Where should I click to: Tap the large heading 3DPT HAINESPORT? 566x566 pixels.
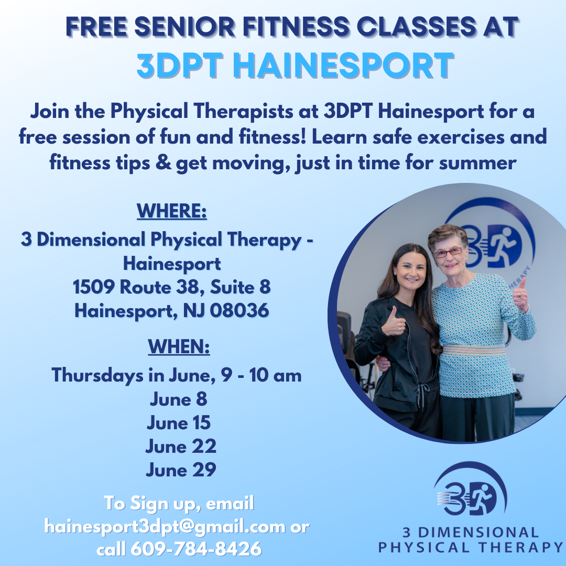[x=295, y=66]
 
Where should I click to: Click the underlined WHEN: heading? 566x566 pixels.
[x=179, y=346]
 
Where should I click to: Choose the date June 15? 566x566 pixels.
[x=179, y=423]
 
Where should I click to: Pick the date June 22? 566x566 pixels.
[x=181, y=447]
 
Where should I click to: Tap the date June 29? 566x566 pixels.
[x=181, y=470]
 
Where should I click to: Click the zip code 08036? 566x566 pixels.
[x=240, y=311]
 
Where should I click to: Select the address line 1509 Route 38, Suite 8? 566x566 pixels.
[x=172, y=287]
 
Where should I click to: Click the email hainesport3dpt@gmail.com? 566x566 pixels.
[x=165, y=526]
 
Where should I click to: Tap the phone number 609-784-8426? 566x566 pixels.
[x=195, y=549]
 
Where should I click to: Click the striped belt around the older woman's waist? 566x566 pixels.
[x=474, y=350]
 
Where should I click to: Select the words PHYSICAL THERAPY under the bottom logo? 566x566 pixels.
[x=471, y=548]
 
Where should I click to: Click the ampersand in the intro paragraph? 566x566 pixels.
[x=164, y=164]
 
